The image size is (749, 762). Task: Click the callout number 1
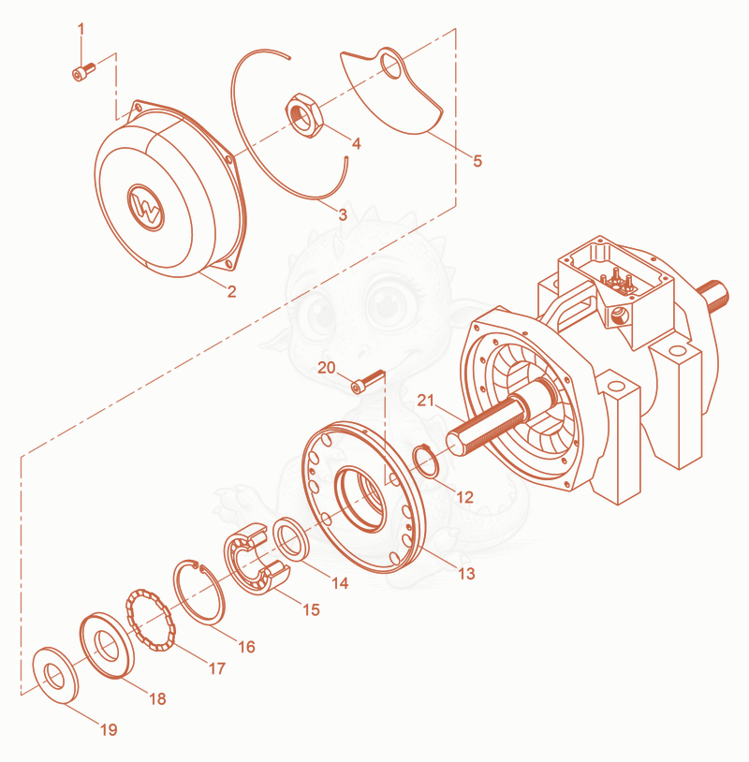click(x=81, y=29)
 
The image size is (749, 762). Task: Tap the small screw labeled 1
click(x=83, y=71)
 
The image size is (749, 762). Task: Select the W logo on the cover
click(x=146, y=208)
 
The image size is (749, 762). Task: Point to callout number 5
click(x=477, y=161)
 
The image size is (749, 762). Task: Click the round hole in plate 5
click(x=390, y=66)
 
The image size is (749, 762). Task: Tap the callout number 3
click(x=343, y=214)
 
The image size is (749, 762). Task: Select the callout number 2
click(x=231, y=291)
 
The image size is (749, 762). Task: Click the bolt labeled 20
click(x=367, y=382)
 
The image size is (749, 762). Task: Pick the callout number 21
click(x=425, y=400)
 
